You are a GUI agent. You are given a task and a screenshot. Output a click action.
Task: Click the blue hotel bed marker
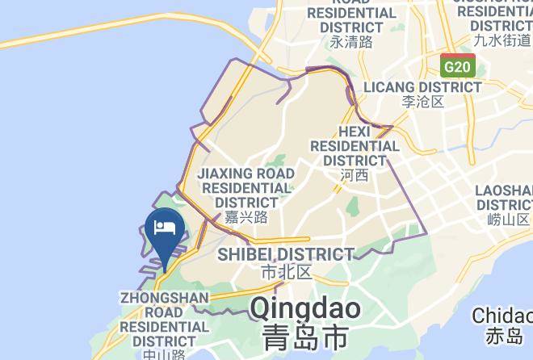click(x=165, y=228)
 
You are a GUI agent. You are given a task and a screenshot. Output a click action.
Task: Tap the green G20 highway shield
click(x=458, y=65)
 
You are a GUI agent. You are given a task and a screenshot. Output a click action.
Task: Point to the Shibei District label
click(x=287, y=254)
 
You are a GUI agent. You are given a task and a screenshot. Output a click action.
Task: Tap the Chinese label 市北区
click(x=287, y=272)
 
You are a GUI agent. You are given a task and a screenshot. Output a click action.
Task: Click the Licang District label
click(x=423, y=86)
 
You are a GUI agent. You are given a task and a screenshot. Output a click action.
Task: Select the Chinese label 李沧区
click(x=423, y=103)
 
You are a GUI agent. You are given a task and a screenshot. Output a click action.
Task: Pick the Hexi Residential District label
click(x=355, y=145)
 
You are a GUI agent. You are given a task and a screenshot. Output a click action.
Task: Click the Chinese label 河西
click(x=355, y=175)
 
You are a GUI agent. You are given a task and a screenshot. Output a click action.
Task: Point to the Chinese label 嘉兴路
click(x=246, y=217)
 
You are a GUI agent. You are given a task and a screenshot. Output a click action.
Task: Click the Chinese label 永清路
click(x=351, y=41)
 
